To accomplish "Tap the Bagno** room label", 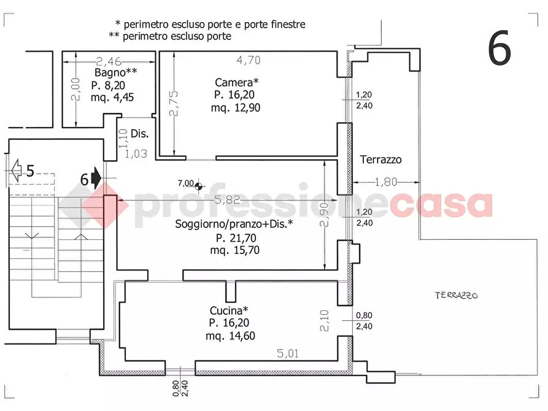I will (115, 72).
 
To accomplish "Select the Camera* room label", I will (237, 82).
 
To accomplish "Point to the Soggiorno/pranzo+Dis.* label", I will (234, 225).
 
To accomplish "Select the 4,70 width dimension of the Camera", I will (249, 60).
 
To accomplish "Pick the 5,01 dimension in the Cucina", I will (287, 353).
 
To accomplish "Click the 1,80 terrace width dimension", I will (387, 182).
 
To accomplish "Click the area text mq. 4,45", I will (112, 97).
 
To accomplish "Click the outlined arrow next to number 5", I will (16, 169).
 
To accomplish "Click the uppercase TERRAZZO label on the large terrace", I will (456, 295).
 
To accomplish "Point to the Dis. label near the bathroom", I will (140, 133).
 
